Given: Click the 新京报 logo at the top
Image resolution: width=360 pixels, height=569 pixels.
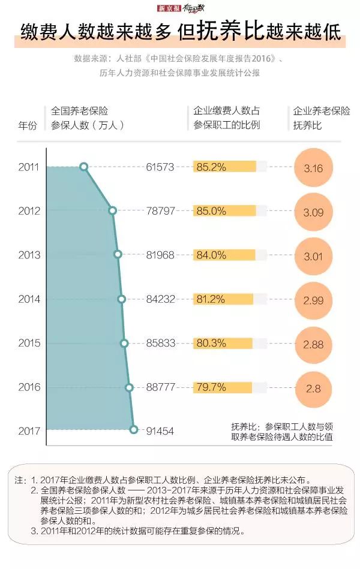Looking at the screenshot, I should [x=169, y=8].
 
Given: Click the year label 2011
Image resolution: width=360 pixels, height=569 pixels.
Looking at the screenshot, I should [x=28, y=167].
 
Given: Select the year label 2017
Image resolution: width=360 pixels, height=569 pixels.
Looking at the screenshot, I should [x=28, y=430].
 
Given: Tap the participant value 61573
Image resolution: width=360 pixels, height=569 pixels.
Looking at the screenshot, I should [x=160, y=167].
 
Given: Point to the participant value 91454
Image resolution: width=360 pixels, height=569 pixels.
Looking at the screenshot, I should [x=160, y=430].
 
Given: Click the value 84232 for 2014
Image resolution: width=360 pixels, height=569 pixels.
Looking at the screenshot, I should [x=160, y=299].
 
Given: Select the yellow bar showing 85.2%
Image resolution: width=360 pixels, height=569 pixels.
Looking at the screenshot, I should [x=224, y=167].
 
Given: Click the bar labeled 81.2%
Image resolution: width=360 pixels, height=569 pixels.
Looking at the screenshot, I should [x=223, y=299].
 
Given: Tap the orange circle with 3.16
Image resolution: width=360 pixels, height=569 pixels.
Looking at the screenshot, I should [x=313, y=167].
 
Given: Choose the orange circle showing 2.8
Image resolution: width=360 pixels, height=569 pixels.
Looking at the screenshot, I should [x=313, y=388].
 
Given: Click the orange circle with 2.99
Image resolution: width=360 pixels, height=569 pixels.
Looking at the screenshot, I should [x=313, y=300].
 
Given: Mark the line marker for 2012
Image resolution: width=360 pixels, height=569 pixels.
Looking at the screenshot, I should [x=112, y=210].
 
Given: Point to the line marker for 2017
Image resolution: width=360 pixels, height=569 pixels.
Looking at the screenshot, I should [x=134, y=429].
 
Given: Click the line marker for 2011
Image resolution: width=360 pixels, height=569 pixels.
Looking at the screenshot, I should [x=83, y=167].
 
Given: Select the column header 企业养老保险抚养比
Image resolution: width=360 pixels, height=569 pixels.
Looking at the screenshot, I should [x=321, y=118].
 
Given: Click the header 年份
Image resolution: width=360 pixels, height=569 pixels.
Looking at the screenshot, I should [x=28, y=125].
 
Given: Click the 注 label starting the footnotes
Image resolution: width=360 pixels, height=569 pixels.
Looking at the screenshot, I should [x=20, y=480].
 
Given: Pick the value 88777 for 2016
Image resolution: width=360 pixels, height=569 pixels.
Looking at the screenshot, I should [x=160, y=387].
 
